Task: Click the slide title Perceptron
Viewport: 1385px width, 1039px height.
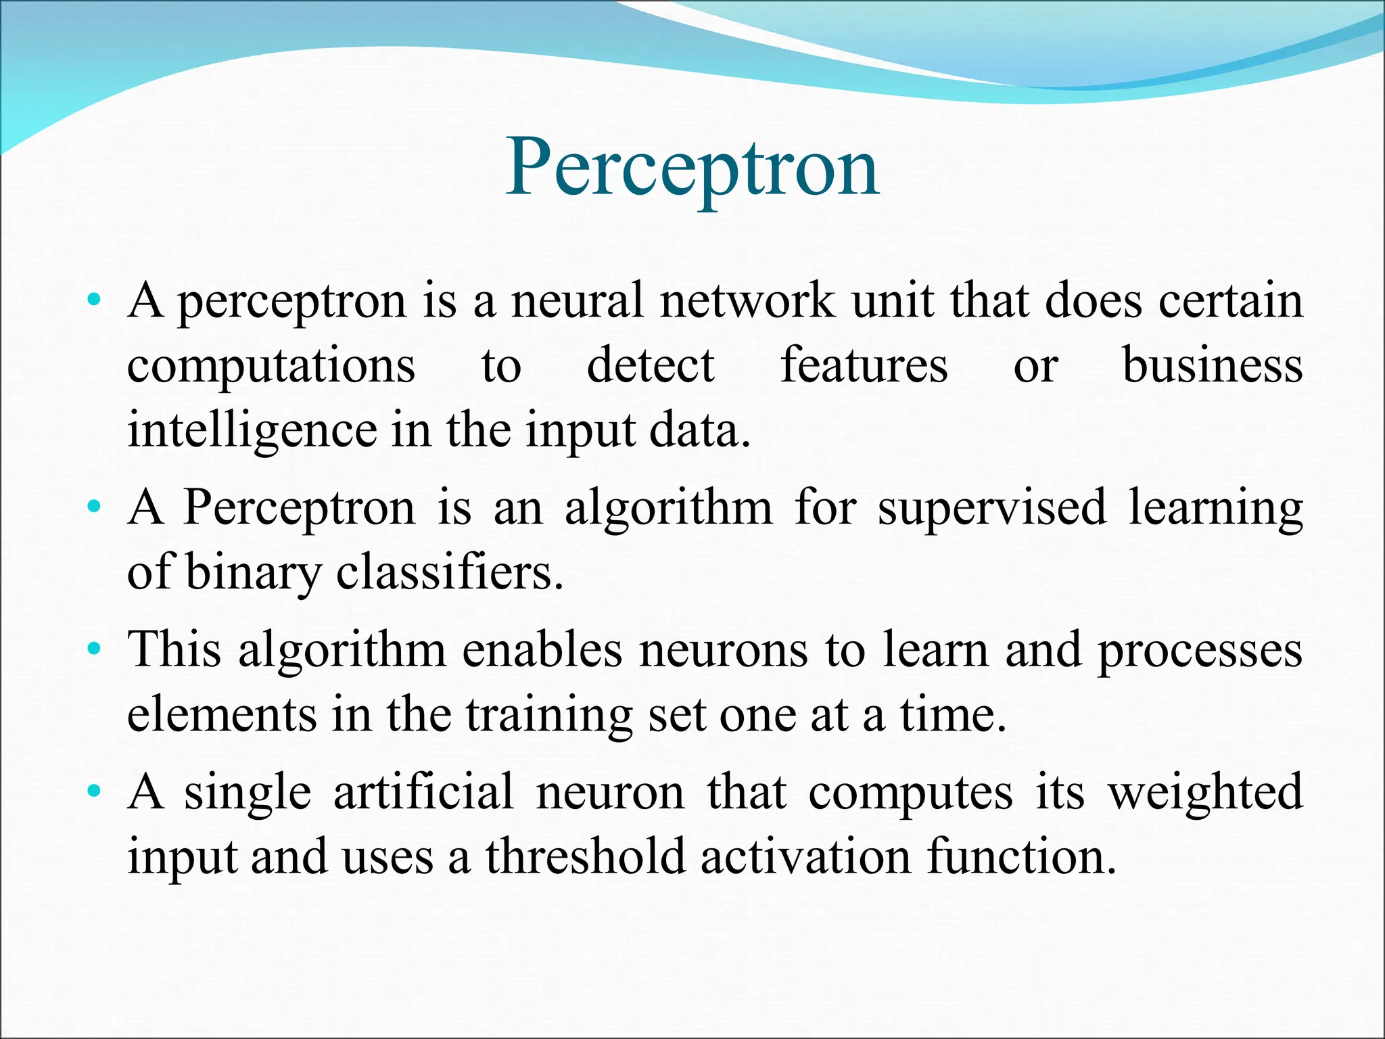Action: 692,167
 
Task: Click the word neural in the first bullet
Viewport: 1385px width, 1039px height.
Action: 577,301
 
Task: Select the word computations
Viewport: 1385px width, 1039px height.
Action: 271,367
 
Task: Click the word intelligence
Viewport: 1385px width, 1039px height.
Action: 252,431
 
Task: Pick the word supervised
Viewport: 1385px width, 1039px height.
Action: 992,509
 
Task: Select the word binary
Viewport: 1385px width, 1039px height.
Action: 252,574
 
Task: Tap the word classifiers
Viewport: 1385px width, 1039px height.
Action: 449,572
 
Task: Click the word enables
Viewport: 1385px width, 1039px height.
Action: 542,650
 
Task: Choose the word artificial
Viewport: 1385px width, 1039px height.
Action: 423,792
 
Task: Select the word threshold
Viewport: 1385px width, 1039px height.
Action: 586,857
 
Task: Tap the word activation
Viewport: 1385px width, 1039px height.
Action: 805,857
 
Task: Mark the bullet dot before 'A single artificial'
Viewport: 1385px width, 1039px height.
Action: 94,791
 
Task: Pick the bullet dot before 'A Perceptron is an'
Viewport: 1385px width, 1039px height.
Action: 94,506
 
